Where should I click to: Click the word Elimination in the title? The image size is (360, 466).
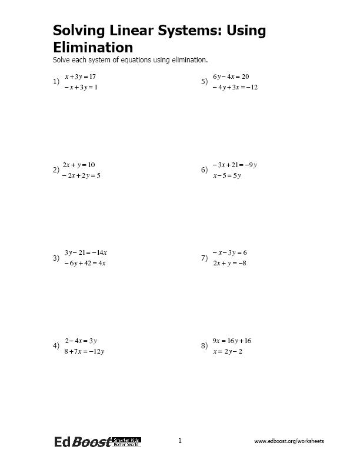93,47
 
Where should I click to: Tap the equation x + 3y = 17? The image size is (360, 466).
80,76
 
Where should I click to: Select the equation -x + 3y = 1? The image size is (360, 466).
81,87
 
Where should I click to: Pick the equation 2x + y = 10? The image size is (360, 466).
79,165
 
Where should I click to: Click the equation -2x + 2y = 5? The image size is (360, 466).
82,175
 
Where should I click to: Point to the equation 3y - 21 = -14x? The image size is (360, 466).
85,252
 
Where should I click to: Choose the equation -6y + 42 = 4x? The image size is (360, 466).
85,263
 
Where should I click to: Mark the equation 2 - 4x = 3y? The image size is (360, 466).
81,341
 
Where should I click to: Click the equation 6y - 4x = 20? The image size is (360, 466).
231,76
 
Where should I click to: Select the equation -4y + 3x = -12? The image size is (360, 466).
235,87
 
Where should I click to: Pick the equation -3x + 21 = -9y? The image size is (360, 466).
235,165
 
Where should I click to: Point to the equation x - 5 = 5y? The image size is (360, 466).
227,175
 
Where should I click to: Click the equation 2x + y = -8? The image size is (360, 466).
229,263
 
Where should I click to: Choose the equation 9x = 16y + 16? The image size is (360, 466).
232,341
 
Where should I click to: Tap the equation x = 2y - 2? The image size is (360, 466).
228,351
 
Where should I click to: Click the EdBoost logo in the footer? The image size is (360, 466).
97,442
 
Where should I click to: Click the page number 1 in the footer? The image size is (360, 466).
180,441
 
